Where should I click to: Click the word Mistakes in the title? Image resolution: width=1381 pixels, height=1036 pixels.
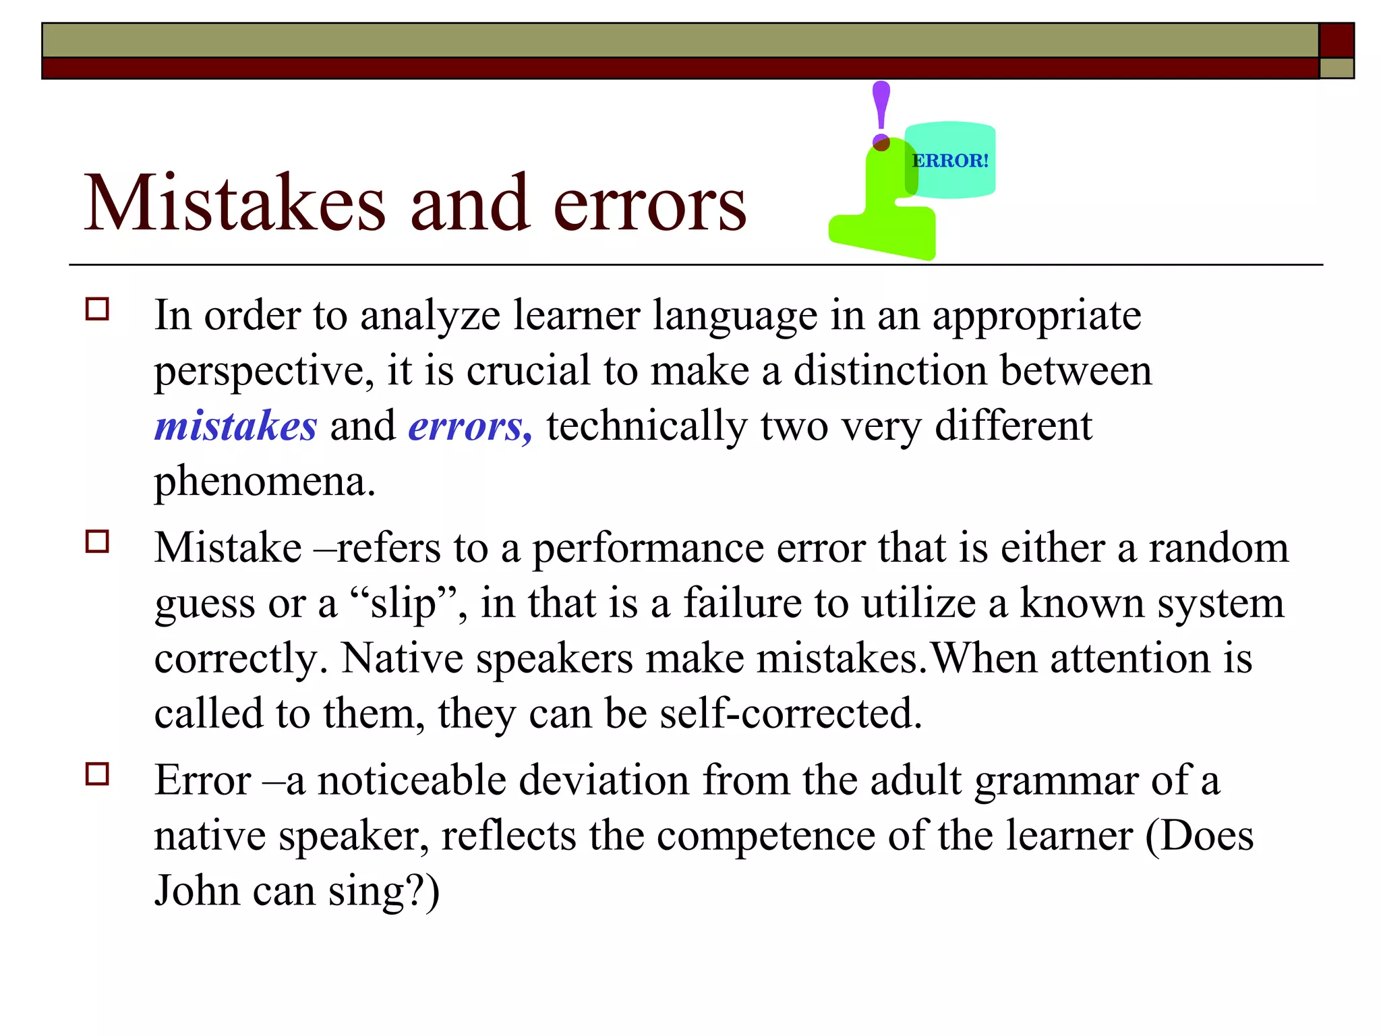pos(235,204)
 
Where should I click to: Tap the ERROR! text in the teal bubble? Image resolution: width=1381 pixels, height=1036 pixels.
pos(950,161)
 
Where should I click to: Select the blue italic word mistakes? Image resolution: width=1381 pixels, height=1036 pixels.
pos(235,426)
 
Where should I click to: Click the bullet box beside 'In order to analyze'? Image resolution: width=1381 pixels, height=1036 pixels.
pos(97,310)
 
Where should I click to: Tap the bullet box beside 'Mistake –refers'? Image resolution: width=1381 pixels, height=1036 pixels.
pos(97,542)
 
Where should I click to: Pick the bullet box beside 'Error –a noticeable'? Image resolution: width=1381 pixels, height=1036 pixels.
pos(97,774)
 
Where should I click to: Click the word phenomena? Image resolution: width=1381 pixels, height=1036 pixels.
pos(264,482)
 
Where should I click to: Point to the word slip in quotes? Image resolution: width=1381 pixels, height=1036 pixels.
pos(403,604)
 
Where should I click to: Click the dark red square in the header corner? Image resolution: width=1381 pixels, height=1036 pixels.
pos(1336,40)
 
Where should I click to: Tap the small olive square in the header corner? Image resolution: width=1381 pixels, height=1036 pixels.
pos(1336,68)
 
